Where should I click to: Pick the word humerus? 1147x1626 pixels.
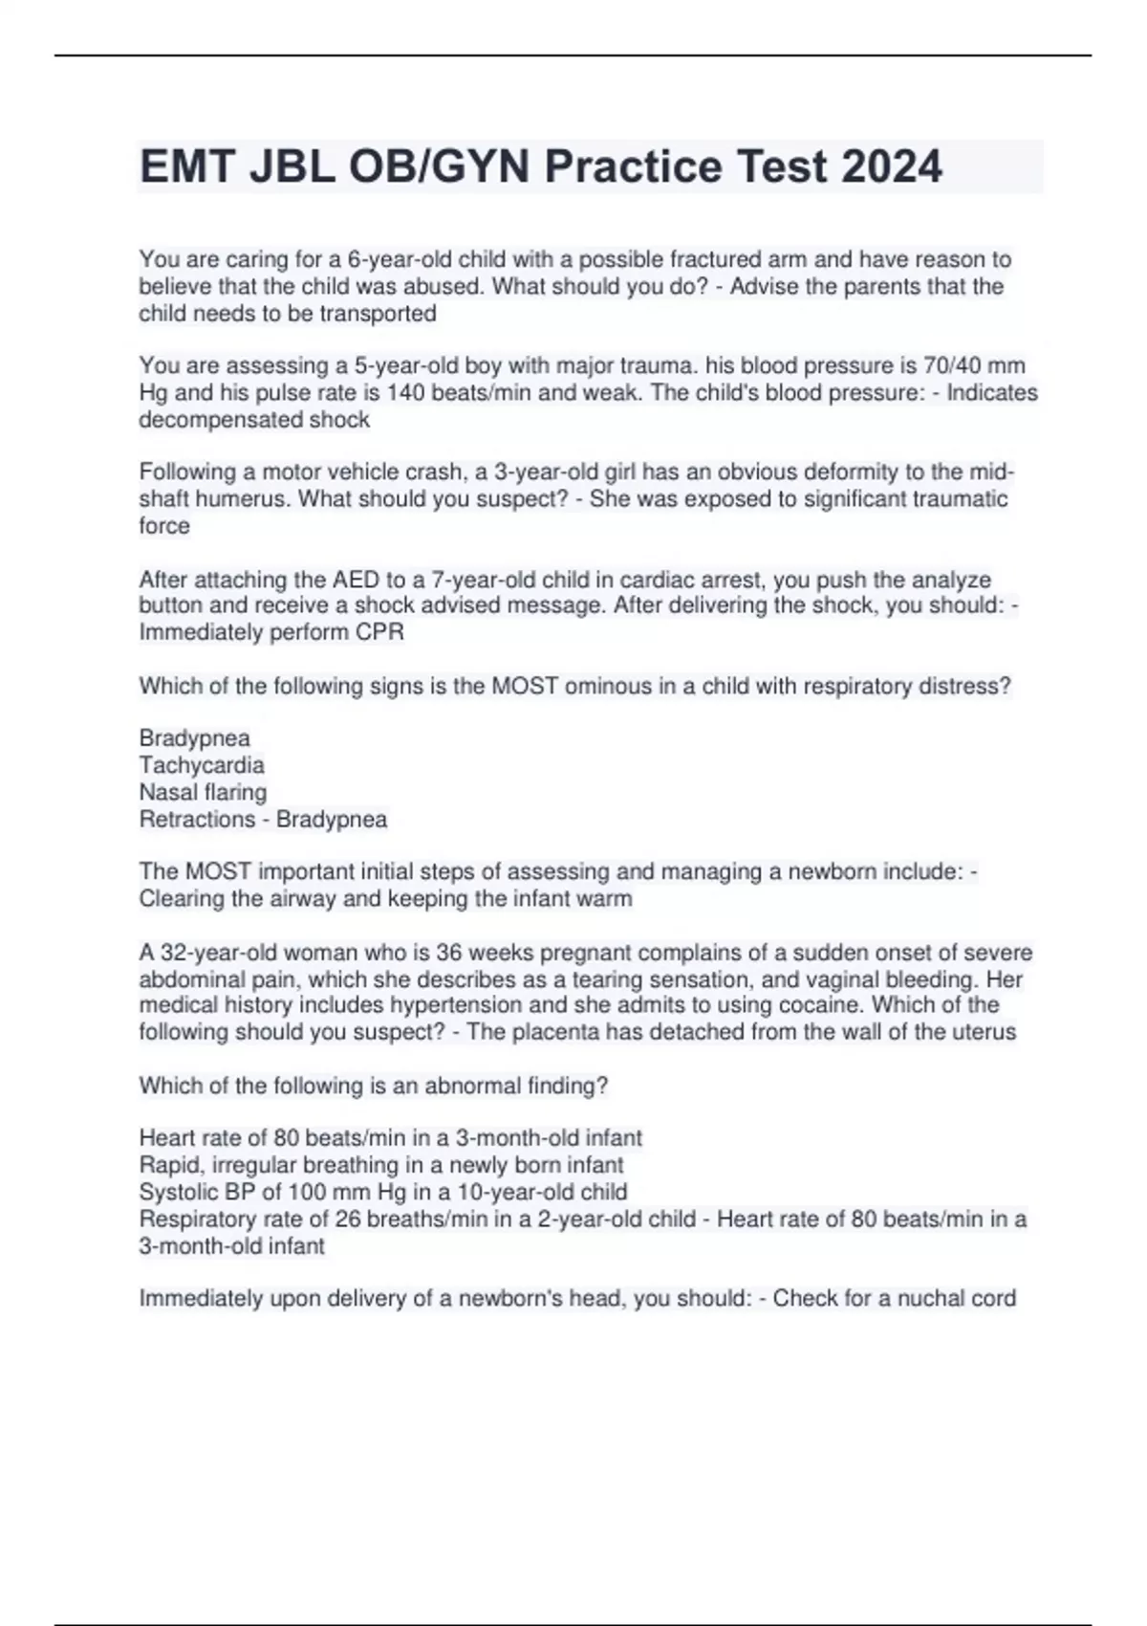point(239,499)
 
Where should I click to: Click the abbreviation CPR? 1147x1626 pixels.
point(379,632)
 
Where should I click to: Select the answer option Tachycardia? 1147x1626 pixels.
point(202,765)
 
